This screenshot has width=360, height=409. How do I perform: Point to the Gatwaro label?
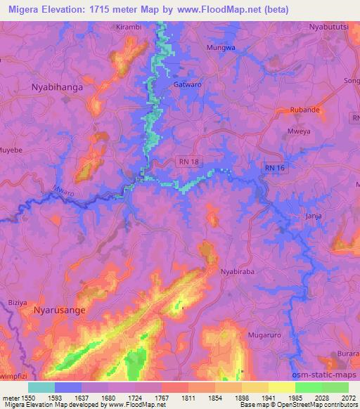click(188, 85)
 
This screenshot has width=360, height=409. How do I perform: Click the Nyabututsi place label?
click(329, 27)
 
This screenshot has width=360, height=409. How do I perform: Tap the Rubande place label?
click(306, 110)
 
